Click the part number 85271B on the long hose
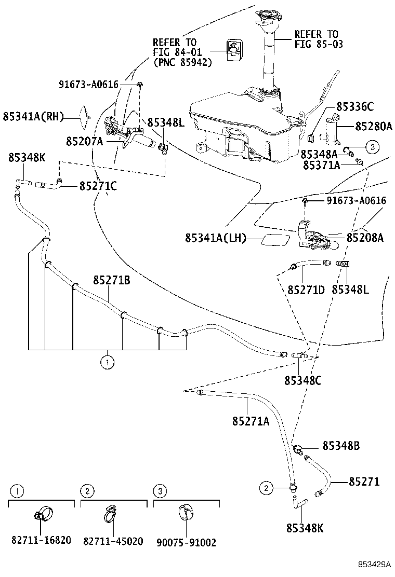(112, 281)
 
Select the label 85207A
(84, 141)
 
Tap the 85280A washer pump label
(373, 126)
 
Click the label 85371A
(322, 165)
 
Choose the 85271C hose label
(98, 185)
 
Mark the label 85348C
(302, 380)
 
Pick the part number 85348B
(341, 446)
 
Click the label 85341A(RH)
(33, 117)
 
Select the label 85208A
(365, 238)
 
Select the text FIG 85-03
(319, 44)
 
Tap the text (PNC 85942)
(183, 62)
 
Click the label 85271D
(306, 290)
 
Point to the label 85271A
(251, 421)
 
